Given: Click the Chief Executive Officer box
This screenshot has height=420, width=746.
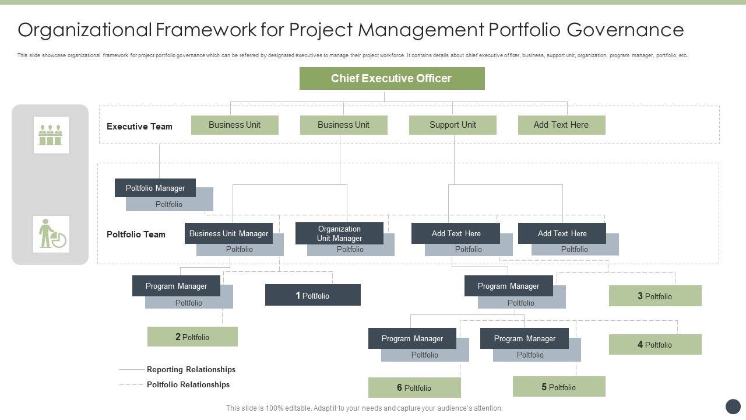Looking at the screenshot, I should (x=392, y=78).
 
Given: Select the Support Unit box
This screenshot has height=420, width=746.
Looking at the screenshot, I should (x=452, y=125).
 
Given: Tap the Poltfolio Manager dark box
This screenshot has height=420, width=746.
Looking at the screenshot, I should (x=155, y=188).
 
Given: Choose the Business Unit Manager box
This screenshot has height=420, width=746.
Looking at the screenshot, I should (x=228, y=233).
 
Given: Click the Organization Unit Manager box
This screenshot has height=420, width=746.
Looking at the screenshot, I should (x=339, y=233).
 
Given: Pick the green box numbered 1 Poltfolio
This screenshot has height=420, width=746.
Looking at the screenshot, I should (x=312, y=295).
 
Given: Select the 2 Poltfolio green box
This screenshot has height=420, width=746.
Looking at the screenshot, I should (x=192, y=337).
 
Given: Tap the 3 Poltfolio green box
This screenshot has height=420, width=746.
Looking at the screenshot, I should (x=654, y=296).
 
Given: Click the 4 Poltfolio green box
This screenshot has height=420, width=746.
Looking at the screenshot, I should (x=654, y=344).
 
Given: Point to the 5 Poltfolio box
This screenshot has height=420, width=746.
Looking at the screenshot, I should (x=558, y=387).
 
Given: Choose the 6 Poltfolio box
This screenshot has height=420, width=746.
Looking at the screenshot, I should (x=414, y=387).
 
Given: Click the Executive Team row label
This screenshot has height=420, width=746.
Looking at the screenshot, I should (x=139, y=127).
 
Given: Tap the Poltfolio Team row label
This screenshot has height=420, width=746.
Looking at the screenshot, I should (x=136, y=235).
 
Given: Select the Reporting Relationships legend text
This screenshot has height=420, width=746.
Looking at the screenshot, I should (x=191, y=369).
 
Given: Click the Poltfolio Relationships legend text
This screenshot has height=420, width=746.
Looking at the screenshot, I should (x=188, y=384).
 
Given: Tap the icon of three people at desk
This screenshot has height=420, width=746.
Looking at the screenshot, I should (x=51, y=135).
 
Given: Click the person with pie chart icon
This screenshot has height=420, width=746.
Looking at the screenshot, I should (x=51, y=234).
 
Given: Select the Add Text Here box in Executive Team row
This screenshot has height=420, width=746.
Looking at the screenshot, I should (x=561, y=125).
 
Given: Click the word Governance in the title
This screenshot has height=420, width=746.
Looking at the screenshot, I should (x=625, y=29).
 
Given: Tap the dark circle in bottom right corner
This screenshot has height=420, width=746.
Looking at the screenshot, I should (x=733, y=407).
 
